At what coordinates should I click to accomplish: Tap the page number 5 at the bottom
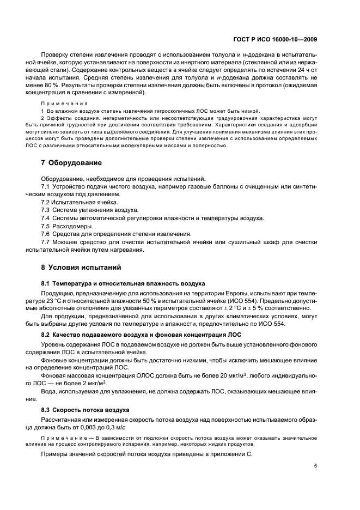pyautogui.click(x=316, y=466)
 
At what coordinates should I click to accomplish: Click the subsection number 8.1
pyautogui.click(x=47, y=284)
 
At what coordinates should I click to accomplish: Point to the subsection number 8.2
pyautogui.click(x=47, y=334)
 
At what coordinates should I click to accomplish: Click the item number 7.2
pyautogui.click(x=46, y=202)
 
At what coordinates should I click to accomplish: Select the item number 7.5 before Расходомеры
pyautogui.click(x=46, y=226)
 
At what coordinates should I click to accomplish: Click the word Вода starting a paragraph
pyautogui.click(x=50, y=392)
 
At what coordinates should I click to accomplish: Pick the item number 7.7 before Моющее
pyautogui.click(x=46, y=242)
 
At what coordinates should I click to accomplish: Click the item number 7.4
pyautogui.click(x=46, y=218)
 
